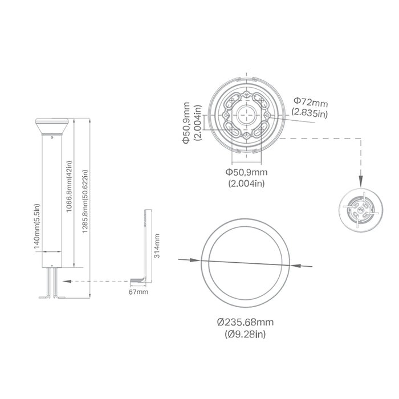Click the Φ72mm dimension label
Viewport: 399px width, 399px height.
point(311,102)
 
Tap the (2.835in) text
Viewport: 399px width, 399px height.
point(310,112)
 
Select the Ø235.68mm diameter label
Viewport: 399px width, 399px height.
point(245,322)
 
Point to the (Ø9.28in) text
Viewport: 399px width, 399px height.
point(245,334)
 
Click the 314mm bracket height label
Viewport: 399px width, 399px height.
point(157,246)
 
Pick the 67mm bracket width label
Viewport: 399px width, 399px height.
point(138,292)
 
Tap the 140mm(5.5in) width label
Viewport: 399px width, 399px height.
point(37,226)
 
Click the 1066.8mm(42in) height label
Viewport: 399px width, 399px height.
point(69,186)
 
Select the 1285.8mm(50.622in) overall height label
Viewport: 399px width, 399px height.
point(85,201)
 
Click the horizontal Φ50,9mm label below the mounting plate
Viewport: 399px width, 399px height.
point(246,172)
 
